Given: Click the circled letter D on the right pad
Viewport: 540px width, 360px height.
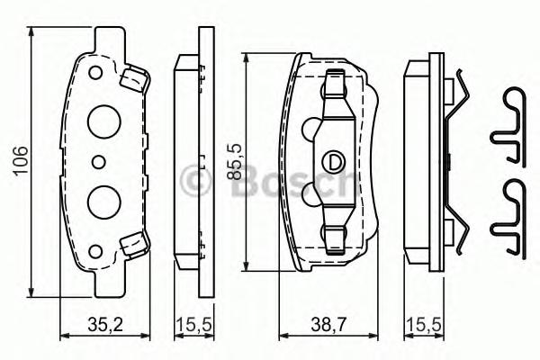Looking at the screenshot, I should click(x=333, y=163).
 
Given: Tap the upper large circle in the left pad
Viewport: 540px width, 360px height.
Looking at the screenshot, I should click(x=103, y=121).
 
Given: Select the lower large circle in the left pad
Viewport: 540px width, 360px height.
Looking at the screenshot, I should click(x=103, y=199).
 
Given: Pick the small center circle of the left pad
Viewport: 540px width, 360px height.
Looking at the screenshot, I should click(x=98, y=162).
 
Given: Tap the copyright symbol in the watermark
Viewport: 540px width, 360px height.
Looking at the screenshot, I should click(x=192, y=180).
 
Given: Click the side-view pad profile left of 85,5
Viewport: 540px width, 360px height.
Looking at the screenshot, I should click(x=192, y=162).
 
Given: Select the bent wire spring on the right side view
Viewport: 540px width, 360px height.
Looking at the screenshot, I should click(x=457, y=162).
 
